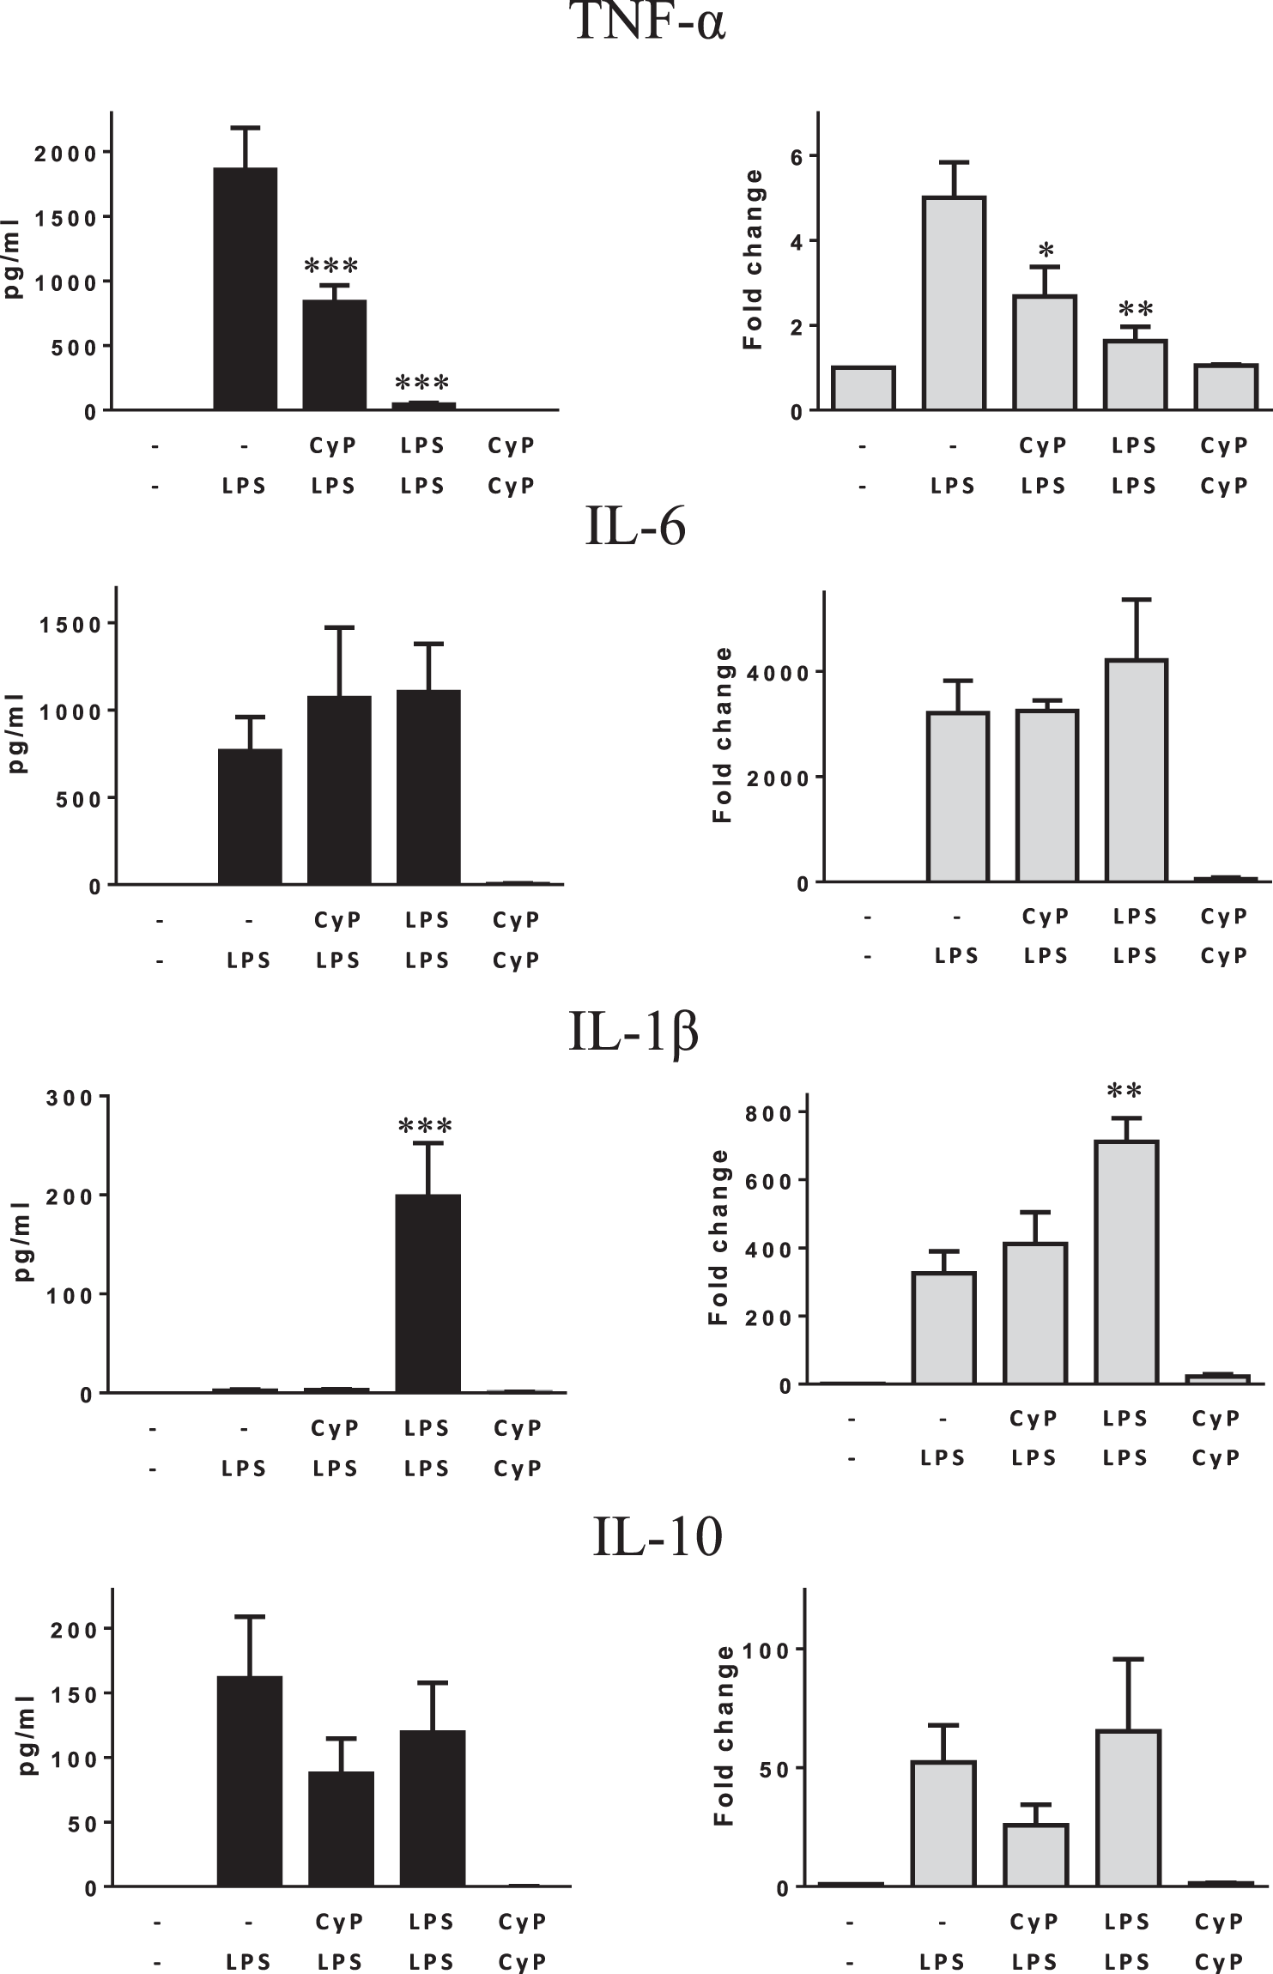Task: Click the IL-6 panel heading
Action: click(635, 526)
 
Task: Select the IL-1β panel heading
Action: click(633, 1032)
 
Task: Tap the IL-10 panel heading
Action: click(658, 1536)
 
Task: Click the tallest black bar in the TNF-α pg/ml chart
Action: click(246, 290)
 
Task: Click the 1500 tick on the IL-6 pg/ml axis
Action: click(71, 625)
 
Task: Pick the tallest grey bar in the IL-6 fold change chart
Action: click(1136, 771)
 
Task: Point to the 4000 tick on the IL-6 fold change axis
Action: click(778, 673)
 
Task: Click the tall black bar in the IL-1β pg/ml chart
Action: click(427, 1293)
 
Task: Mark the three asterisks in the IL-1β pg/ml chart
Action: click(425, 1126)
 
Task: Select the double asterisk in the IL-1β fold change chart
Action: click(1124, 1092)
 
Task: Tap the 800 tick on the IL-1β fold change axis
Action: click(769, 1113)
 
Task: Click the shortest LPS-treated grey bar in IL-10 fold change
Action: click(1035, 1856)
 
